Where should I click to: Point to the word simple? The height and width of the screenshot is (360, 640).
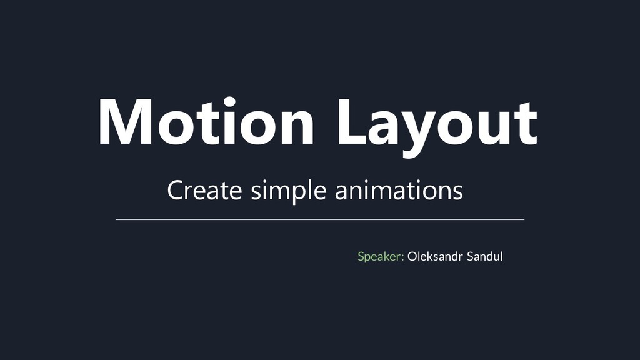click(288, 191)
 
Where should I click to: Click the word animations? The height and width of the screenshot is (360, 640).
click(399, 190)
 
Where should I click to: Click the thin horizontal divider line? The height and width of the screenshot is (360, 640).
click(320, 220)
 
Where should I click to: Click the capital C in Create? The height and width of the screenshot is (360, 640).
click(176, 190)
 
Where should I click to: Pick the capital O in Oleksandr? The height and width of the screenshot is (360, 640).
click(412, 256)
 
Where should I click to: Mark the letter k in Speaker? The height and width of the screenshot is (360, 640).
click(388, 256)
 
